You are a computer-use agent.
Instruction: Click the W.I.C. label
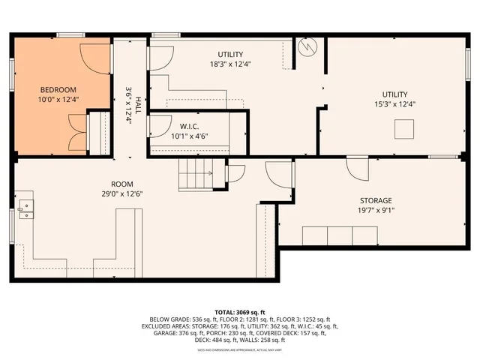point(187,126)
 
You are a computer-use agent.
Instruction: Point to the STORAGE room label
point(375,200)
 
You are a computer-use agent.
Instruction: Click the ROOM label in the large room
point(121,184)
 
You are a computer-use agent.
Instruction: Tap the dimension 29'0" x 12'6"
point(121,194)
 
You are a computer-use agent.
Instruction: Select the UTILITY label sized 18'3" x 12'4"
point(230,54)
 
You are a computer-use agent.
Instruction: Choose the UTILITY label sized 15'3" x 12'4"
point(394,94)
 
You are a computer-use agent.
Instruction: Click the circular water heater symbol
point(307,47)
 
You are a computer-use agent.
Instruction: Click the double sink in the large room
point(26,208)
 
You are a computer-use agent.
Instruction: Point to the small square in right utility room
point(405,130)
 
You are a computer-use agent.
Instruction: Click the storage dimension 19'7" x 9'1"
point(375,211)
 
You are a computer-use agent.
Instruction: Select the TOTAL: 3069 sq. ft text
point(240,310)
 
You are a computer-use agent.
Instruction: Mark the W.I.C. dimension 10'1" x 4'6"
point(187,136)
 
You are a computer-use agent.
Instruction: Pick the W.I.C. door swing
point(160,126)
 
